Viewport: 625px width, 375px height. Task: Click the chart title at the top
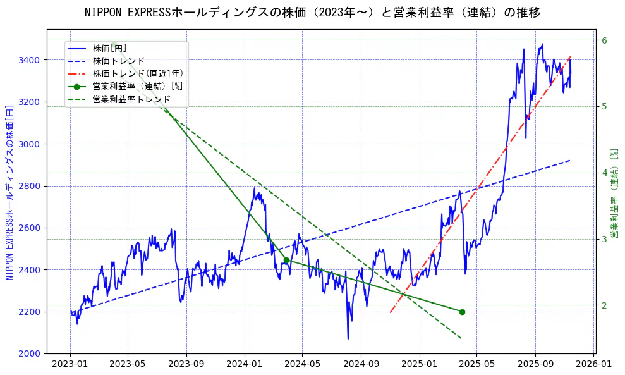tap(312, 13)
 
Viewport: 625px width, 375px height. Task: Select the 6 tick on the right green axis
tap(604, 40)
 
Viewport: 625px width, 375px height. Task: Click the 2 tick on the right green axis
tap(604, 305)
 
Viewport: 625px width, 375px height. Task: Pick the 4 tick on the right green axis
tap(604, 173)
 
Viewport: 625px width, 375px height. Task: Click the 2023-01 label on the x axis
tap(70, 365)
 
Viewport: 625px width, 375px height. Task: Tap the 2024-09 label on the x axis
tap(361, 365)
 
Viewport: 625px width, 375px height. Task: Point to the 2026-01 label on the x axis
tap(593, 365)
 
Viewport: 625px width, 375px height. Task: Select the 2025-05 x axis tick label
tap(477, 365)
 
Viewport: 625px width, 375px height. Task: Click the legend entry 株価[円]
tap(110, 48)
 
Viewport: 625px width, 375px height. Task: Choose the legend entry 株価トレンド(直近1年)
tap(129, 73)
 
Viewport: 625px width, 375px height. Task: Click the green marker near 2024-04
tap(286, 261)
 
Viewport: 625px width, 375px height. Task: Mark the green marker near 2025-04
tap(462, 312)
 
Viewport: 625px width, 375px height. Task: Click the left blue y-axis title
tap(9, 192)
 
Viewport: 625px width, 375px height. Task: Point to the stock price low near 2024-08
tap(348, 338)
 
